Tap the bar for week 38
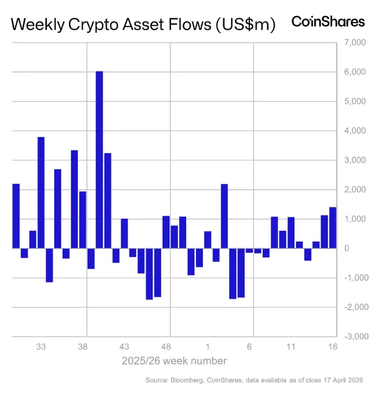click(83, 220)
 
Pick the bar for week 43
click(124, 233)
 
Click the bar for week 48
click(166, 232)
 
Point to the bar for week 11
click(291, 233)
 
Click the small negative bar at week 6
click(249, 250)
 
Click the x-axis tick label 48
click(166, 347)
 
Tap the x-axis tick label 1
click(208, 347)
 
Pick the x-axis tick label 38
click(83, 347)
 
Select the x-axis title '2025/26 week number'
click(174, 361)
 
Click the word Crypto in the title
click(92, 25)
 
